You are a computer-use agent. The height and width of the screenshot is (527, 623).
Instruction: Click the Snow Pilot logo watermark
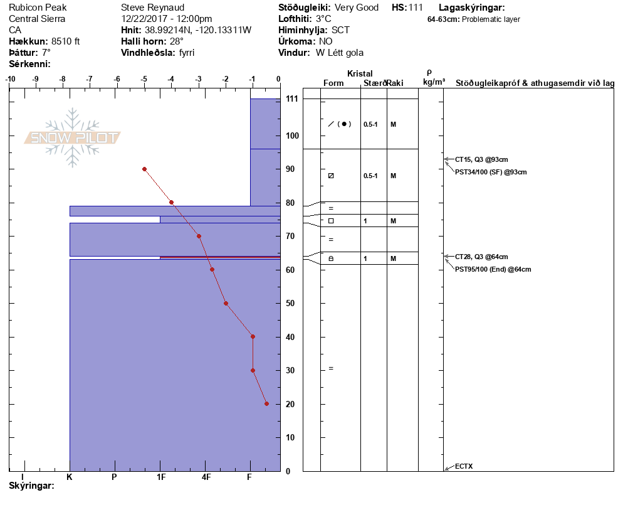pos(73,138)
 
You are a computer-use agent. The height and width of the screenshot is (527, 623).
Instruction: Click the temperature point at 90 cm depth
pos(144,169)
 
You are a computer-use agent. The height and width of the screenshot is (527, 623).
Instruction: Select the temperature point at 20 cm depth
pos(266,403)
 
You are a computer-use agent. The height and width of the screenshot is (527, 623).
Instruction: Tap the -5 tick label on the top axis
pos(144,79)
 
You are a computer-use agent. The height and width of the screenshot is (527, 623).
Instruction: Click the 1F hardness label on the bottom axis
pos(161,477)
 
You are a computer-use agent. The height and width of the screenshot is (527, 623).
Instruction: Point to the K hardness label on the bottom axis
pos(70,477)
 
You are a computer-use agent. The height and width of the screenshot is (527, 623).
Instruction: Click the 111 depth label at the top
pos(291,99)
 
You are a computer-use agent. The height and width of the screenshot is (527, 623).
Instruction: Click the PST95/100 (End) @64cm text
pos(493,269)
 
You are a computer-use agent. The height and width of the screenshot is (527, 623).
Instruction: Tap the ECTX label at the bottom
pos(464,466)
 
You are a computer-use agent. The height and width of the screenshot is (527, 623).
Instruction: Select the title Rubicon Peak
pos(38,8)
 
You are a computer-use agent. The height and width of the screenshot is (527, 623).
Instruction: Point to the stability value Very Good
pos(357,8)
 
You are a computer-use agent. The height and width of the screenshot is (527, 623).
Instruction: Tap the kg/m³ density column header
pos(434,82)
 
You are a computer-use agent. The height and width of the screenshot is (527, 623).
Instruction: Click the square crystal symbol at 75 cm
pos(331,221)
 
